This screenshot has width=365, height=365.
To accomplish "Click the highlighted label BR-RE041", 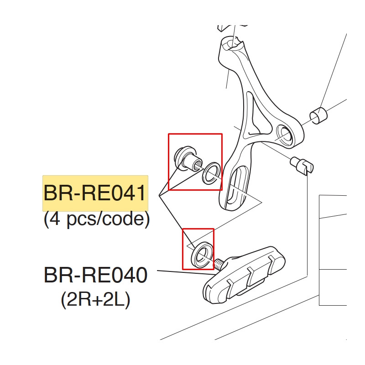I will tap(95, 193).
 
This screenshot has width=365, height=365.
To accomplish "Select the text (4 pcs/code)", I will tap(97, 219).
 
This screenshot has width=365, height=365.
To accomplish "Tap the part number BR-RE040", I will tap(95, 276).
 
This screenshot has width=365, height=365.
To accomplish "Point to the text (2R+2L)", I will tap(95, 300).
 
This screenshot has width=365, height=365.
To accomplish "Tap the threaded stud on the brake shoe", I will tap(219, 264).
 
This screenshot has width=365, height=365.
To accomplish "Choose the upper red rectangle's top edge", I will tap(195, 134).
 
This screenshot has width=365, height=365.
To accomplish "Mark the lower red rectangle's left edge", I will tap(182, 249).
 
